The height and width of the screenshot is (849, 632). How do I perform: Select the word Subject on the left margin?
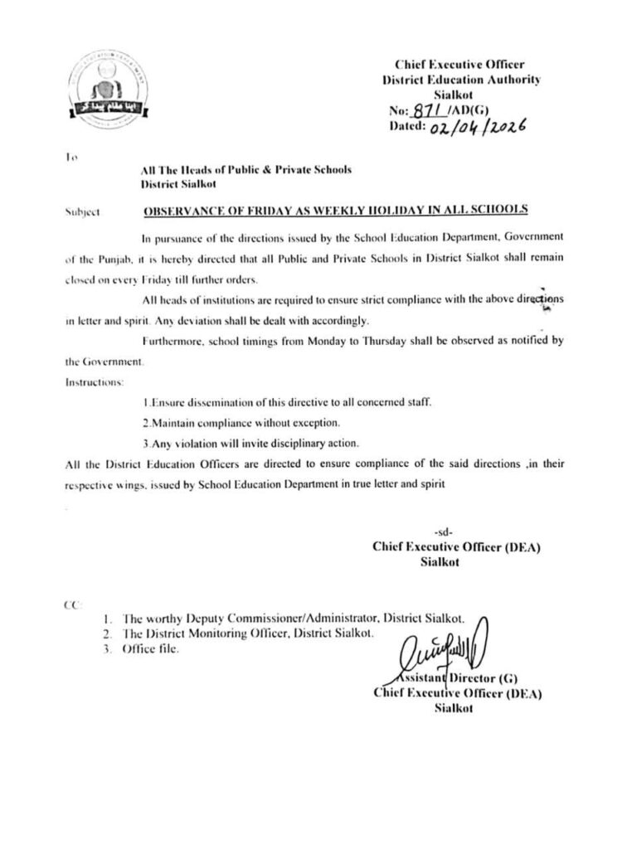(82, 212)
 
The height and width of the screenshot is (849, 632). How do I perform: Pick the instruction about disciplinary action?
(246, 442)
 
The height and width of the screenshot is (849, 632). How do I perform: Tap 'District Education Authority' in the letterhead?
(461, 79)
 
